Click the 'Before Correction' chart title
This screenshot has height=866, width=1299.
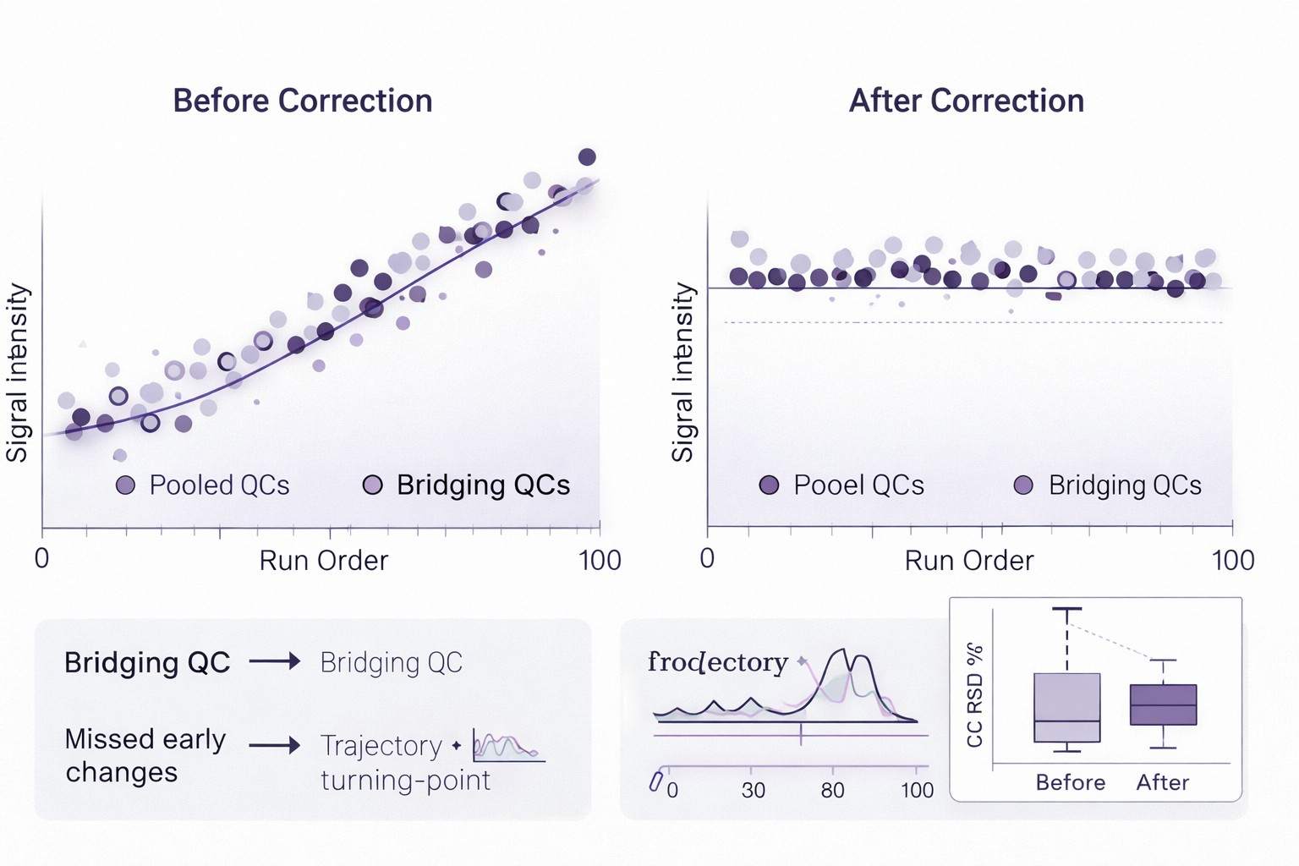tap(303, 101)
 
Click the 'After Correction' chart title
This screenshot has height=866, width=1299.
tap(966, 101)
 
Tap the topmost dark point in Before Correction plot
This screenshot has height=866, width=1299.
tap(587, 156)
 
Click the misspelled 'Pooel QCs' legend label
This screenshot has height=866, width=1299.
tap(858, 485)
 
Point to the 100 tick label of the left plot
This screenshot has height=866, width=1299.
tap(600, 560)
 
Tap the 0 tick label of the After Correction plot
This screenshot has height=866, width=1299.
tap(708, 558)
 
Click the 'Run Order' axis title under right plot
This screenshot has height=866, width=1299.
tap(968, 561)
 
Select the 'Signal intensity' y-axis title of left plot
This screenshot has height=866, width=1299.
tap(19, 372)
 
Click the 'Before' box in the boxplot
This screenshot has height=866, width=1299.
tap(1066, 707)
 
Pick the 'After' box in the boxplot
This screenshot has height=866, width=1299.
tap(1163, 704)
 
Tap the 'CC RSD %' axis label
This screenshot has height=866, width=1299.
tap(975, 695)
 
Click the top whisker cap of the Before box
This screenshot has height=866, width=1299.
tap(1066, 608)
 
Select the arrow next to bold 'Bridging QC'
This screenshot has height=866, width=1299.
tap(275, 661)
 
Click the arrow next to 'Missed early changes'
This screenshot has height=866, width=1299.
tap(275, 745)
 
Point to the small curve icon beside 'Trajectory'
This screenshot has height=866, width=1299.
tap(507, 747)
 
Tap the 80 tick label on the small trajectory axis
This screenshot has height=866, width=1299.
tap(832, 791)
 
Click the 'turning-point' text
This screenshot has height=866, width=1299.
tap(405, 780)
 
